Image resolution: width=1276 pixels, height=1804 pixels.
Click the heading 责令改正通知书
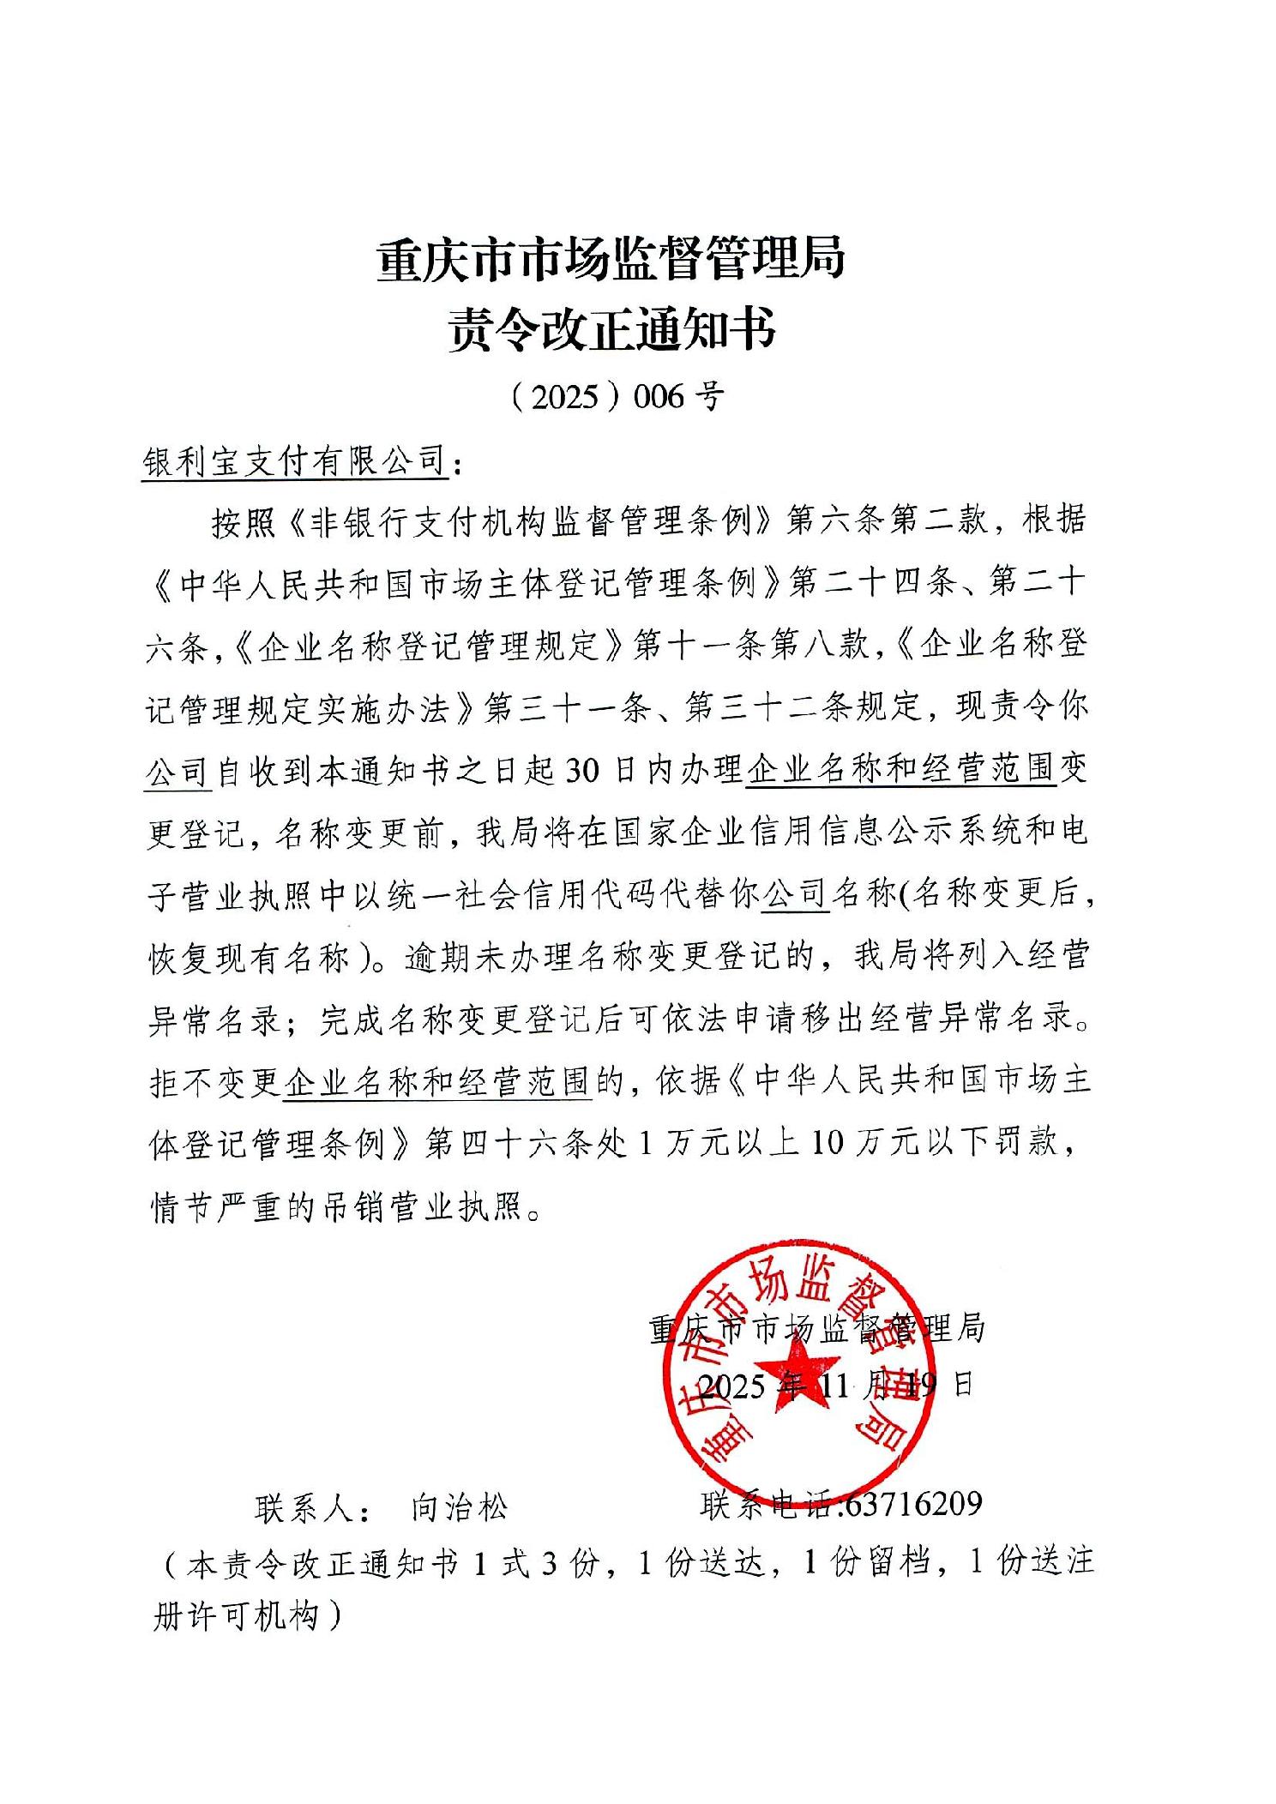click(x=611, y=329)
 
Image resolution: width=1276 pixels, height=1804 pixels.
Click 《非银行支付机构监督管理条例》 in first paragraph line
click(x=529, y=521)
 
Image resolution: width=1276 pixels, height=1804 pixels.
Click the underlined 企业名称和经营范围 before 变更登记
click(x=900, y=769)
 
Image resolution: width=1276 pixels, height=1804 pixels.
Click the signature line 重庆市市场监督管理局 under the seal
click(x=816, y=1328)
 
